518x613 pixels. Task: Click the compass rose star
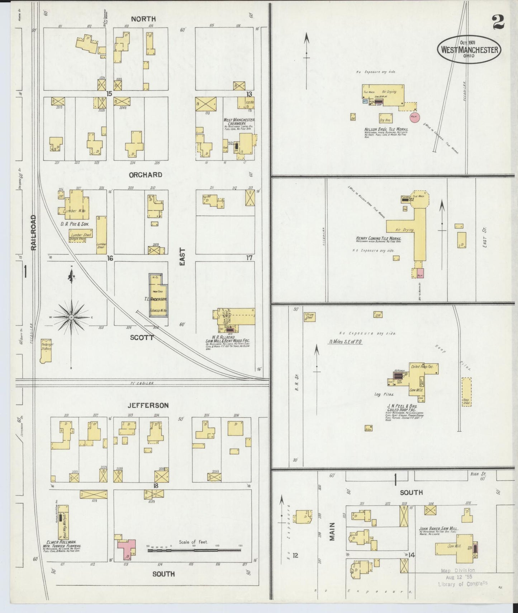click(71, 317)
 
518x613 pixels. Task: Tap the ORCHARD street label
click(146, 175)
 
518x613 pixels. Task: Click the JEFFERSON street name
click(148, 405)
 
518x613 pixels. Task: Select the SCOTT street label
click(142, 337)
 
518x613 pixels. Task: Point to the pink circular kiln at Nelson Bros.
click(415, 117)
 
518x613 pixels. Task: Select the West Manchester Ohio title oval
click(469, 49)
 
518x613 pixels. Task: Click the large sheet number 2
click(498, 22)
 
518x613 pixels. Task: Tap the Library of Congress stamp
click(462, 578)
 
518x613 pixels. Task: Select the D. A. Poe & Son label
click(75, 224)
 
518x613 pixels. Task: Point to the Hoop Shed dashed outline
click(466, 391)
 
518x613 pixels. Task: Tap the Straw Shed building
click(309, 317)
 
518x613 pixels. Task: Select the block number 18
click(156, 486)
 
